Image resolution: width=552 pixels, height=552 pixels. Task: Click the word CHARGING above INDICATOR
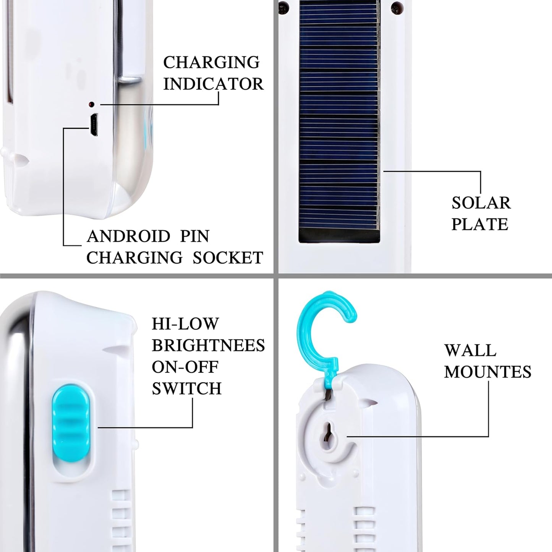point(211,62)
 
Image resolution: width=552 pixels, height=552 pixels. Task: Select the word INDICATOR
point(214,84)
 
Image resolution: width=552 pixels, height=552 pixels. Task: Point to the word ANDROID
point(128,236)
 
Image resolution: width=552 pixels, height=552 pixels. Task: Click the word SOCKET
point(228,257)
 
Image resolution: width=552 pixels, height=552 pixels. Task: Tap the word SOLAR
point(481,203)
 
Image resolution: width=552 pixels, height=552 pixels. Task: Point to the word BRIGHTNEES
point(208,345)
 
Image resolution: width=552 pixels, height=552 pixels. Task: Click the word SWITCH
point(186,389)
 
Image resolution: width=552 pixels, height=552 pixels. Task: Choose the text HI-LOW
point(185,324)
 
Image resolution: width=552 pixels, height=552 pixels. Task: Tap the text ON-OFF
point(185,367)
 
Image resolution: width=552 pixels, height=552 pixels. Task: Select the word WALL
point(470,350)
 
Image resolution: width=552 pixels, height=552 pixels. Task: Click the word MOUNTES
point(487,372)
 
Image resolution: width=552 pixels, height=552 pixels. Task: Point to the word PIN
point(195,236)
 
